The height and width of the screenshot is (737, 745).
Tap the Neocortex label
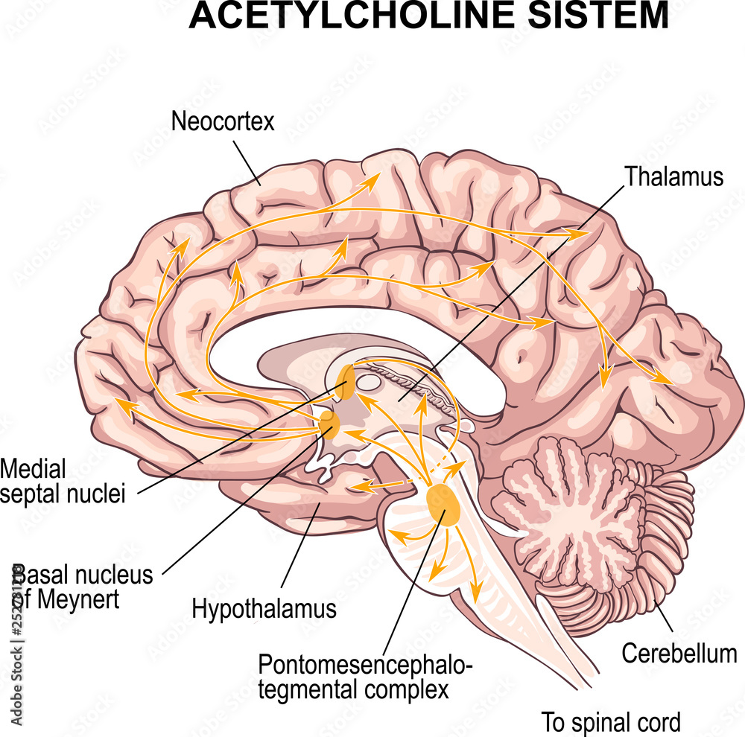tap(223, 121)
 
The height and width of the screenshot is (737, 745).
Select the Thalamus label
tap(673, 176)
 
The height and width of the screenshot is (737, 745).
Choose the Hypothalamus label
tap(264, 609)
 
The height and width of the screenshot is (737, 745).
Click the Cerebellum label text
tap(679, 654)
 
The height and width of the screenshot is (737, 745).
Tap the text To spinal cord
tap(610, 721)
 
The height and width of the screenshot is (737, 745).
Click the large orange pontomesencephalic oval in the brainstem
tap(443, 504)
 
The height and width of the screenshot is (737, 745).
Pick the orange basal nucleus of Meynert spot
tap(329, 424)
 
